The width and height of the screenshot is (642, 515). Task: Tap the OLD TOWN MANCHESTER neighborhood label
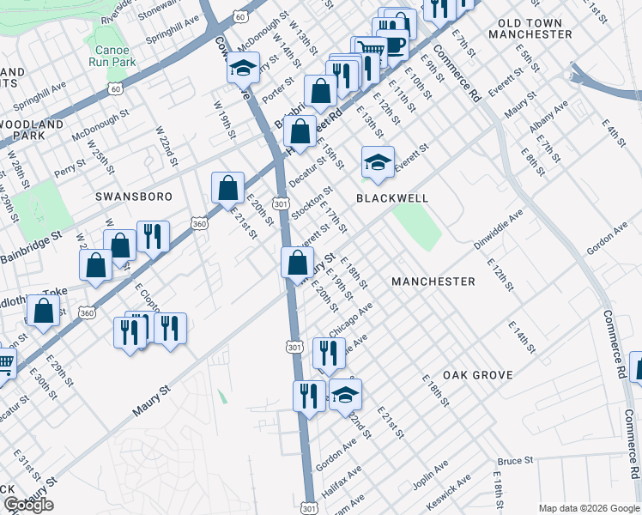530,28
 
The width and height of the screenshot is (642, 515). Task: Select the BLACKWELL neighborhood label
391,198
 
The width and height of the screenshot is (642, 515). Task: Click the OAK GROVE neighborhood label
478,375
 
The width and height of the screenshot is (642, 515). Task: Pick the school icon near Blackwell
377,162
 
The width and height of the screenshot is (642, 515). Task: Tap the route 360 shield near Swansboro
199,224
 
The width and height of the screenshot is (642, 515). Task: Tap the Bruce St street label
515,461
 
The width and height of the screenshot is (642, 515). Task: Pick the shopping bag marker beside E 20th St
227,188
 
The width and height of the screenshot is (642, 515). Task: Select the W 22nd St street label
166,145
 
